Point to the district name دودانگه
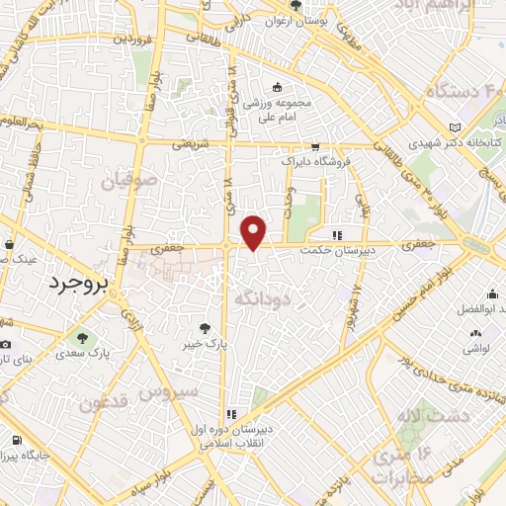coord(262,295)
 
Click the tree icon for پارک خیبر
coord(205,327)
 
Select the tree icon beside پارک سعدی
coord(83,336)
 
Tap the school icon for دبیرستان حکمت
coord(338,235)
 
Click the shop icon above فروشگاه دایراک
coord(315,145)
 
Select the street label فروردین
coord(135,39)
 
